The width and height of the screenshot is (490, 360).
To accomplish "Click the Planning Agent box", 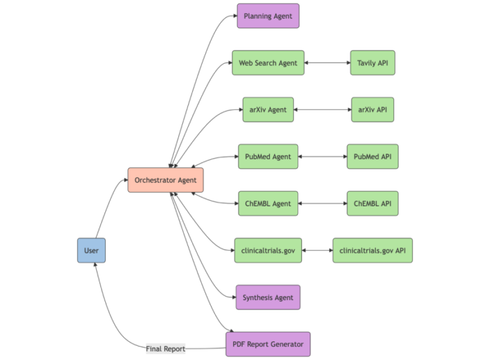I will [x=268, y=16].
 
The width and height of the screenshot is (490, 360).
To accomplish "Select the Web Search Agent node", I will [x=268, y=63].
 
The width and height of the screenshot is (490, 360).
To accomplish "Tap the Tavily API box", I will [x=372, y=63].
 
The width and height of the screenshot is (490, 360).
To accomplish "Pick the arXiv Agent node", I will [x=268, y=110].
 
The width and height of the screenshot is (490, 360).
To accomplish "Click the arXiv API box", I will [x=372, y=110].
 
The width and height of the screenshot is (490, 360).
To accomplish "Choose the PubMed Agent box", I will [x=268, y=157].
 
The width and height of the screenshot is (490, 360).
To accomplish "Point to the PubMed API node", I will [x=372, y=157].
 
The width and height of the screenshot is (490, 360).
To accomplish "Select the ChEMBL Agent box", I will [x=268, y=204].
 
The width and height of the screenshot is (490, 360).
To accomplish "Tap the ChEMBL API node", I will [x=372, y=204].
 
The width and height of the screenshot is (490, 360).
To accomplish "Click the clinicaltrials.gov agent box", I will [x=268, y=250].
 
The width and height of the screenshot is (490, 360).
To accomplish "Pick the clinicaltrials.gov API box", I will [x=372, y=250].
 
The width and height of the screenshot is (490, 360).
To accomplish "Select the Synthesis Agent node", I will [x=268, y=297].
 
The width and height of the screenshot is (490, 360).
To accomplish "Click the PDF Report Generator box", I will [x=268, y=344].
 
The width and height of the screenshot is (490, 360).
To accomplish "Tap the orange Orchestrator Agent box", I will [x=165, y=180].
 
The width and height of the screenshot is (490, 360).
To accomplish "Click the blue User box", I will [x=91, y=250].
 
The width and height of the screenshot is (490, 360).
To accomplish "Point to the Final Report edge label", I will [x=165, y=349].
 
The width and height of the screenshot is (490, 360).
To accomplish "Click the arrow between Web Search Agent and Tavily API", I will [x=327, y=63].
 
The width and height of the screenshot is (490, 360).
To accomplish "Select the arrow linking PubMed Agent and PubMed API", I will [x=322, y=157].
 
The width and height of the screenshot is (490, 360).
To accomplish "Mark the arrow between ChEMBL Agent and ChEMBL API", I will [x=322, y=204].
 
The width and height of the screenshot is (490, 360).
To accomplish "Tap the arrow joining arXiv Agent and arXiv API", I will [x=323, y=110].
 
